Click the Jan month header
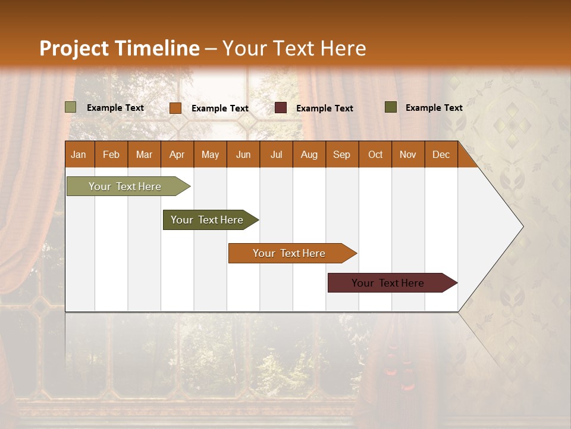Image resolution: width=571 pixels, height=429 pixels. click(79, 155)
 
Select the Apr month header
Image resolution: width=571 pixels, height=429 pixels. click(177, 155)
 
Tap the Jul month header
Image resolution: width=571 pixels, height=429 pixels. click(276, 155)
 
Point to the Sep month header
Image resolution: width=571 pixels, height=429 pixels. click(341, 155)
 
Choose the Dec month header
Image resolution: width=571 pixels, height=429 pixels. click(441, 155)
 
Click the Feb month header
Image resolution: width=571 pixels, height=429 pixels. click(111, 155)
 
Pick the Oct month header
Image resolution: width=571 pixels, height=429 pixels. click(375, 155)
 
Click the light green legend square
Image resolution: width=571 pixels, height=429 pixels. click(71, 107)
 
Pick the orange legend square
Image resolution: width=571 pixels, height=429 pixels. click(175, 108)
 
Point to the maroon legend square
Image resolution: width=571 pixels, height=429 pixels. click(281, 108)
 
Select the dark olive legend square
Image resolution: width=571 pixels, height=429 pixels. click(391, 107)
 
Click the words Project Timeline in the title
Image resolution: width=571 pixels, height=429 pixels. click(119, 48)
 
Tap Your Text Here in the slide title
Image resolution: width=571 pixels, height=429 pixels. click(294, 48)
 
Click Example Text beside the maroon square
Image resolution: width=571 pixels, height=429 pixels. click(324, 108)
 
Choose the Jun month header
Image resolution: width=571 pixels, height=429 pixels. click(243, 155)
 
